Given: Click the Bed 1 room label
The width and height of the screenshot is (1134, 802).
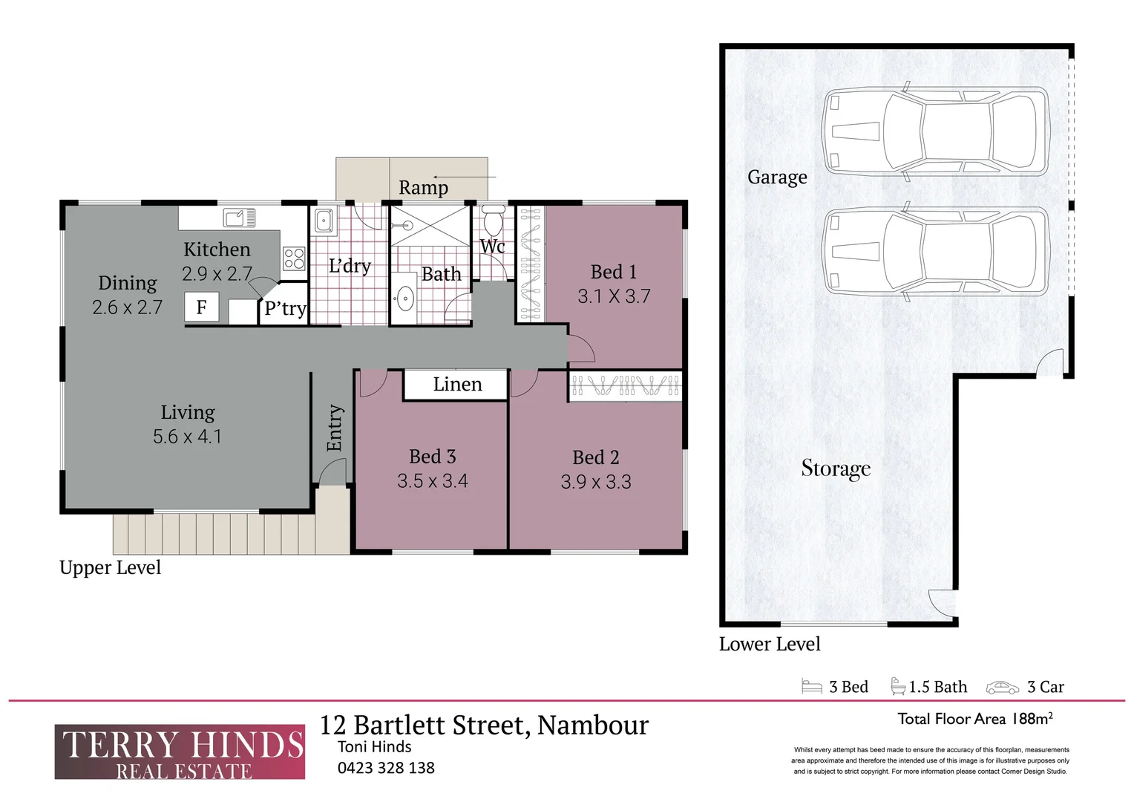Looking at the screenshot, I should tap(613, 272).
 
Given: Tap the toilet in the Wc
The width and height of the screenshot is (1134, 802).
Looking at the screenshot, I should tap(493, 221).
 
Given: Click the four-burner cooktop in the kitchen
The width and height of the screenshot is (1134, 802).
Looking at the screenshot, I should tap(294, 258).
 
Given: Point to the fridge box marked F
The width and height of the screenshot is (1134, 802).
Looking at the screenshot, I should tap(201, 307).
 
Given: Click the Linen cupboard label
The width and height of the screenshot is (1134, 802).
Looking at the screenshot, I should tap(457, 385).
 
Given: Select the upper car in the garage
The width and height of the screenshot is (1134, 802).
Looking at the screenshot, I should tap(935, 131).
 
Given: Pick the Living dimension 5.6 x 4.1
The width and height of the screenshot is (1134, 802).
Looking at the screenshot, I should tap(187, 437).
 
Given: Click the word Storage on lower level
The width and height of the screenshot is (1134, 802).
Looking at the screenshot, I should tap(836, 469).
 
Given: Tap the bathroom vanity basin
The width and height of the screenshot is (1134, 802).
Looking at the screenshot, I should tap(404, 299).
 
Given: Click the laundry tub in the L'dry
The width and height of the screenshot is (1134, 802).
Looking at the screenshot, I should tap(324, 221).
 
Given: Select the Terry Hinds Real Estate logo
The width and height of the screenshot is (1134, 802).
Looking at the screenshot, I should tap(180, 752).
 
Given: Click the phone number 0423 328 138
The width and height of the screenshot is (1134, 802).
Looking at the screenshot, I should tap(386, 769).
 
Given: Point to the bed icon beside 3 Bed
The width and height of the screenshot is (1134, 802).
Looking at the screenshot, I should tap(812, 687).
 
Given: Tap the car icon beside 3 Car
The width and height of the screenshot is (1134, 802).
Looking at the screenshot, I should tap(1002, 688).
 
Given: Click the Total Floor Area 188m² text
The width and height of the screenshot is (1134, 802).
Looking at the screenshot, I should tap(974, 719).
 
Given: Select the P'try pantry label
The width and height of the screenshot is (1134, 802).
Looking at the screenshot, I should tap(285, 309).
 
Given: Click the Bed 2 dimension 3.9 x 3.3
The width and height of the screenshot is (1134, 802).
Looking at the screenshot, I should tap(596, 482).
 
